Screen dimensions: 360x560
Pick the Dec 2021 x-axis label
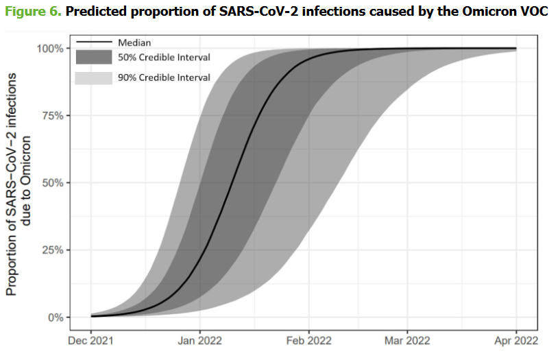[91, 340]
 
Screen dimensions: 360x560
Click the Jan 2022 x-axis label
[199, 340]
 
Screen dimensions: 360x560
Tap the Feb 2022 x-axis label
[308, 340]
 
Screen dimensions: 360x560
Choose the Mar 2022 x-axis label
[407, 340]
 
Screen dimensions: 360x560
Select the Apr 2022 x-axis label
[515, 340]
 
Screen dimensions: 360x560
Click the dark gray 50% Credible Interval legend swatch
[93, 58]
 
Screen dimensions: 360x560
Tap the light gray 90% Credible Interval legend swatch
[93, 77]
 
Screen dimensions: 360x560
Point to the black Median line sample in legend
[93, 43]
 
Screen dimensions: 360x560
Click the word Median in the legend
[134, 43]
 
